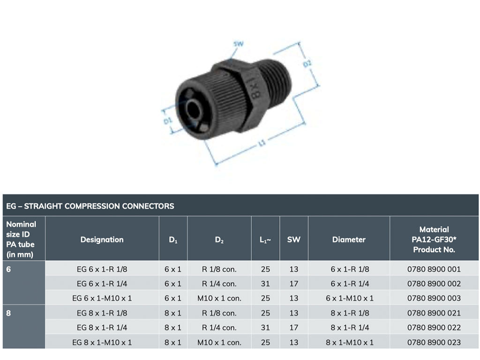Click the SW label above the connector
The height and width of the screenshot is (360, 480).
pyautogui.click(x=239, y=45)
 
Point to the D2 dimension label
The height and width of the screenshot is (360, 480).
pyautogui.click(x=307, y=64)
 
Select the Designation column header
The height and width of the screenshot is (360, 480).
pyautogui.click(x=102, y=240)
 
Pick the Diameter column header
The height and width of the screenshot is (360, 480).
pyautogui.click(x=349, y=240)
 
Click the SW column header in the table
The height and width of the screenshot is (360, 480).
pyautogui.click(x=294, y=240)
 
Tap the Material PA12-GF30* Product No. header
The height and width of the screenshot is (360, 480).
pyautogui.click(x=434, y=240)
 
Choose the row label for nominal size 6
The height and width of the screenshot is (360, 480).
pyautogui.click(x=9, y=269)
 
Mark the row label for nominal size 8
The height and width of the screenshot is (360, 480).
pyautogui.click(x=9, y=313)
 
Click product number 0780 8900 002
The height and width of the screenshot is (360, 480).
pyautogui.click(x=434, y=284)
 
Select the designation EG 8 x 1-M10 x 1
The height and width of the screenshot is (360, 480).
pyautogui.click(x=102, y=342)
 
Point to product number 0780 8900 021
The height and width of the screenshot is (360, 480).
pyautogui.click(x=434, y=313)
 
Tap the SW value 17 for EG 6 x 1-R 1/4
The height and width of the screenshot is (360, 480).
pyautogui.click(x=294, y=284)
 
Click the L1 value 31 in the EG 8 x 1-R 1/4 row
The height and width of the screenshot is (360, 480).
pyautogui.click(x=265, y=328)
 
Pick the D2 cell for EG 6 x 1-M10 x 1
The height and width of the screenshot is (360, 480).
pyautogui.click(x=219, y=298)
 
